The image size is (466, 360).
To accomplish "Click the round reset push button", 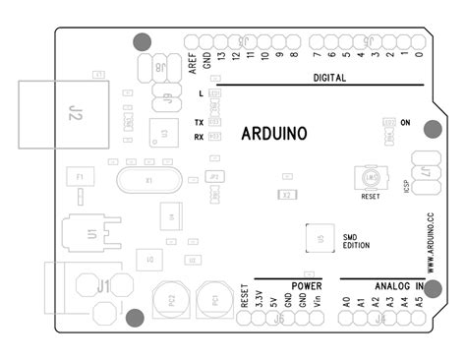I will pos(371,178).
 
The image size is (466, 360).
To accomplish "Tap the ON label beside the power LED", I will pos(406,124).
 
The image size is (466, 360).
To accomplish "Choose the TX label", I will pos(200,122).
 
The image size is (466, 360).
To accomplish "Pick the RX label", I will pos(200,137).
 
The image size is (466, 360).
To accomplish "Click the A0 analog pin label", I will pos(346,303).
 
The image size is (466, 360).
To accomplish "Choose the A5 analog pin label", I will pos(420,303).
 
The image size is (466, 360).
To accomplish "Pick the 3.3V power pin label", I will pos(259,302).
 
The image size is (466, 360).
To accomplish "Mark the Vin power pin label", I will pos(318,302).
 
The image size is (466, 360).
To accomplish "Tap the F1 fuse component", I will pos(82,177).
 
